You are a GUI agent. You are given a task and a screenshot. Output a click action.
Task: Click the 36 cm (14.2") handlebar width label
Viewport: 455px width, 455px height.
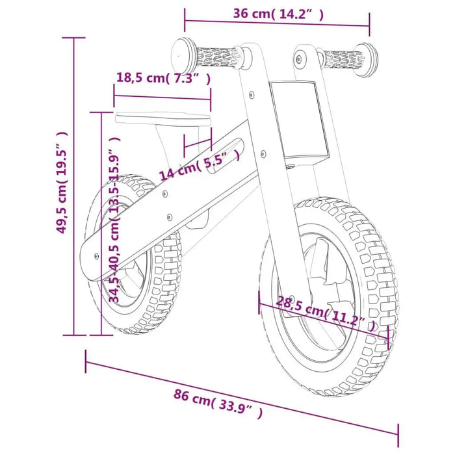coord(278,14)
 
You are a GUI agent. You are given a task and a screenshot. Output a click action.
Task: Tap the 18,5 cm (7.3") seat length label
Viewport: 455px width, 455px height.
coord(162,78)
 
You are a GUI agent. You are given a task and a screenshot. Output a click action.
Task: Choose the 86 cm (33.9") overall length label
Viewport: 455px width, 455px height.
coord(218,403)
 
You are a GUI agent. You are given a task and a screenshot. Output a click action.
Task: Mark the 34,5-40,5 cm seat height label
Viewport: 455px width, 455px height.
coord(114,221)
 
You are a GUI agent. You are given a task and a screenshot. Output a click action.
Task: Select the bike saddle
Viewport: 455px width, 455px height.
coord(164,119)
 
